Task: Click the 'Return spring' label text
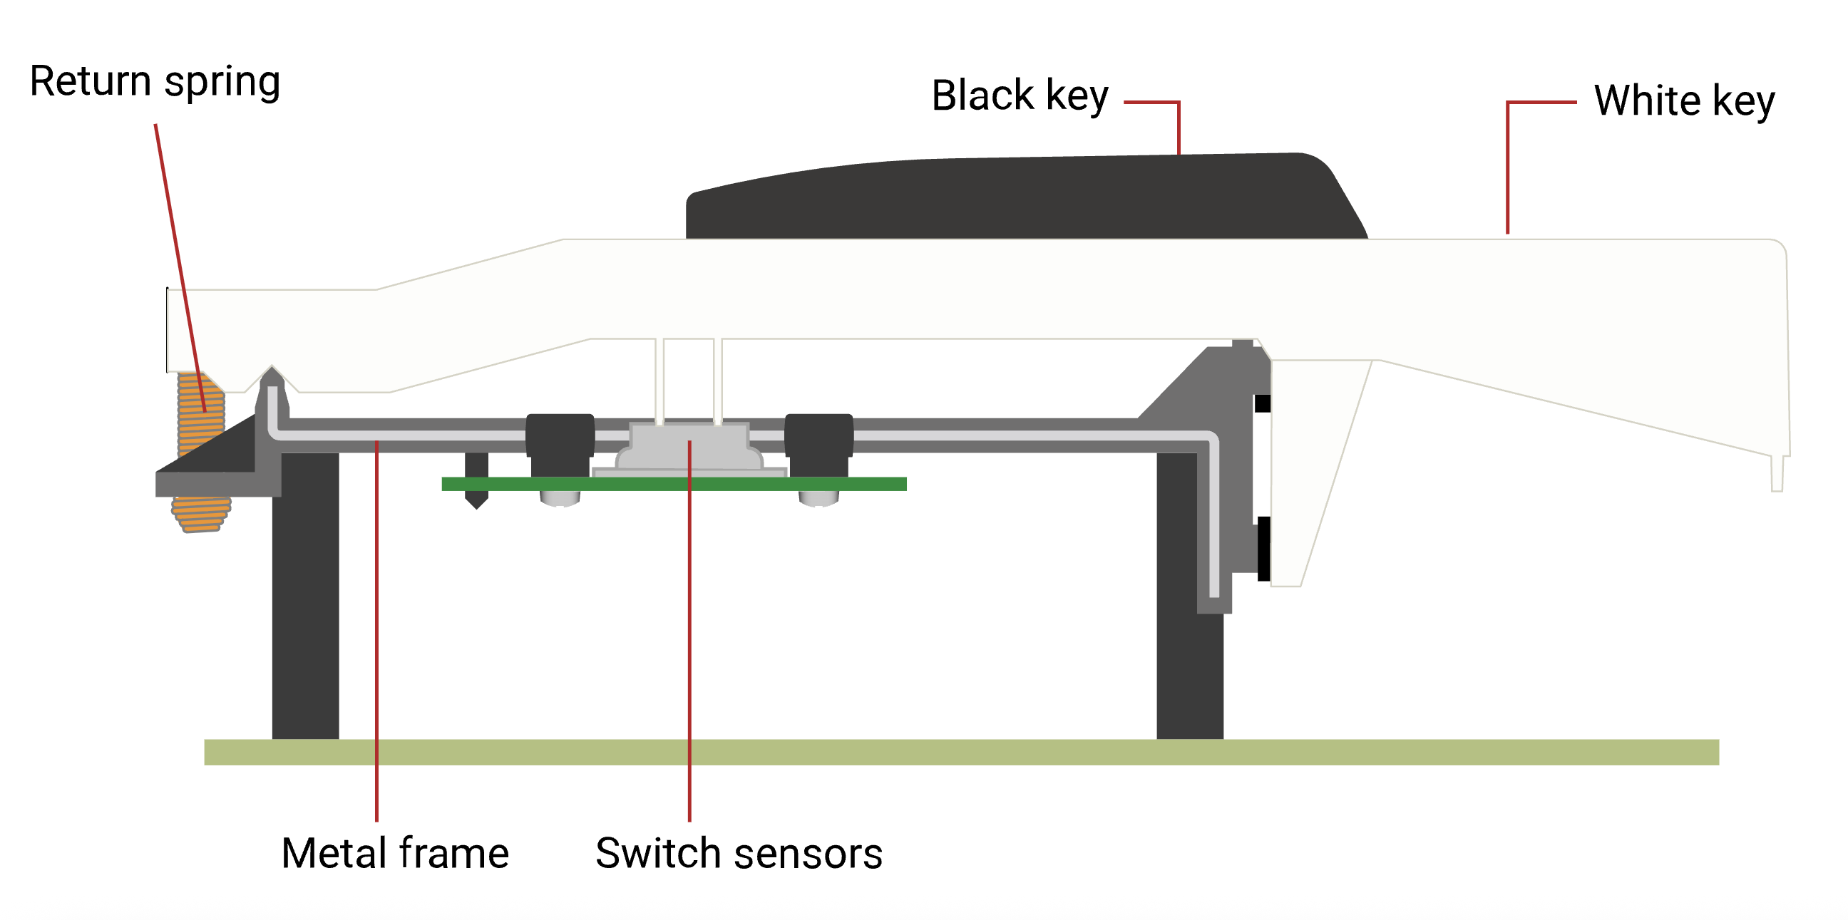tap(154, 81)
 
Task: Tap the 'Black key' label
tap(1020, 95)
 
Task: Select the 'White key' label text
tap(1684, 100)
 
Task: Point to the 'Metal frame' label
tap(394, 853)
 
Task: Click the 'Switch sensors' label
tap(738, 853)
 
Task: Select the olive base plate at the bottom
tap(961, 753)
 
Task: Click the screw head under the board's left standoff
tap(560, 499)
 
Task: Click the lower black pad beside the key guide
tap(1263, 549)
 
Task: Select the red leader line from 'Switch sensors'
tap(689, 646)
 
